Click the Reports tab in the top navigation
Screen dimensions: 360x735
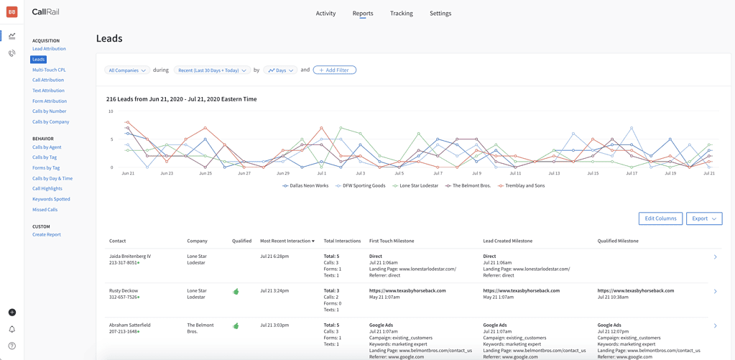[362, 13]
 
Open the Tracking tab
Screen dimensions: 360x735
[401, 13]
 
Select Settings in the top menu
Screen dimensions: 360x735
[440, 13]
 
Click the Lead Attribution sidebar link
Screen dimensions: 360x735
[49, 49]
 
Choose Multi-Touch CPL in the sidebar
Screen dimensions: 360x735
[49, 70]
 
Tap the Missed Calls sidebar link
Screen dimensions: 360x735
[45, 210]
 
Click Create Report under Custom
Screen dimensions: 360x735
[47, 234]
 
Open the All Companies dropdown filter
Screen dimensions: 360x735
[127, 70]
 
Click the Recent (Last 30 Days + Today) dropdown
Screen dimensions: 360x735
[212, 70]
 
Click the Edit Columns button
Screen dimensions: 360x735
[660, 218]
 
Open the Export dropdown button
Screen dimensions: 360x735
[703, 218]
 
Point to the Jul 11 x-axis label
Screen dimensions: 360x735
[515, 173]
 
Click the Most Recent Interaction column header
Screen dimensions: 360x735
[287, 241]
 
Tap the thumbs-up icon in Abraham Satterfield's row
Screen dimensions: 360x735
[236, 326]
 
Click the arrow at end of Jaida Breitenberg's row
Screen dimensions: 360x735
[715, 257]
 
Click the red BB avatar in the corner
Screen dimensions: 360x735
[12, 12]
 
